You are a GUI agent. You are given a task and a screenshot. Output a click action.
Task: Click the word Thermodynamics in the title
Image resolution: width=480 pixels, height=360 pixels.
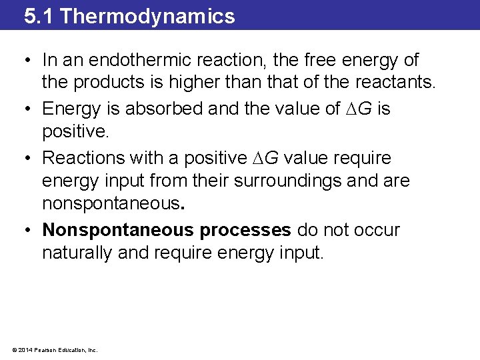(x=147, y=16)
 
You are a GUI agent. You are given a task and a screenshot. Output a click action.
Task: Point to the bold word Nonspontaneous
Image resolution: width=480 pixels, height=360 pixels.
(x=116, y=230)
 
